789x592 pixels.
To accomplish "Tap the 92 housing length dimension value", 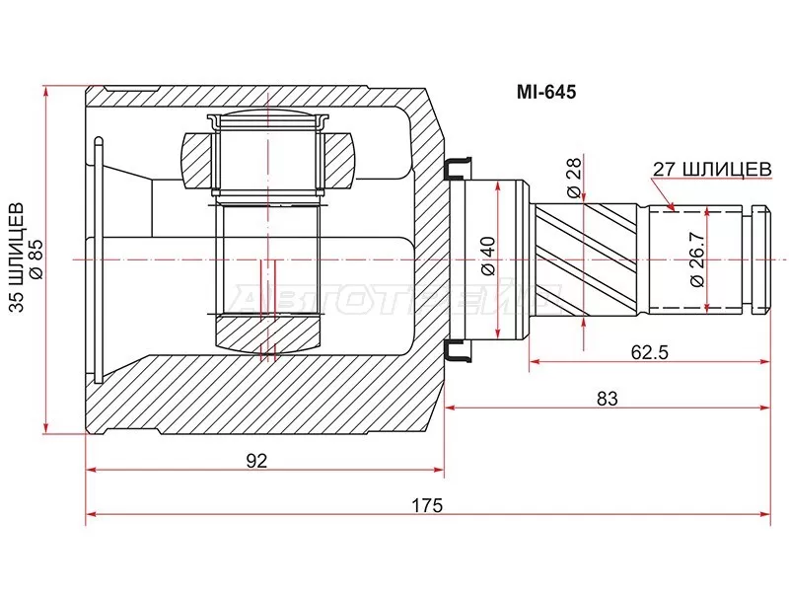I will coord(257,460).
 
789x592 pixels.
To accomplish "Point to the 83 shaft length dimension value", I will coord(607,399).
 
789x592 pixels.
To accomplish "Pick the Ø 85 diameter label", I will coord(36,259).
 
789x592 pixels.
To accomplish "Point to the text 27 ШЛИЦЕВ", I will coord(711,169).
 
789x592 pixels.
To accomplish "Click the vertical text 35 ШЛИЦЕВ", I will coord(16,259).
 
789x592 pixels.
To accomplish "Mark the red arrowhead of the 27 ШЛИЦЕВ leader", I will coord(671,206).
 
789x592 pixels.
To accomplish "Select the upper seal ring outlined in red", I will coord(458,170).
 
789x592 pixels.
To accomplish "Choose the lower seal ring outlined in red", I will coord(458,350).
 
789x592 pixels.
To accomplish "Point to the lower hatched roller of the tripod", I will coord(266,333).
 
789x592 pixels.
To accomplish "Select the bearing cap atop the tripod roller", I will coord(266,120).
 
